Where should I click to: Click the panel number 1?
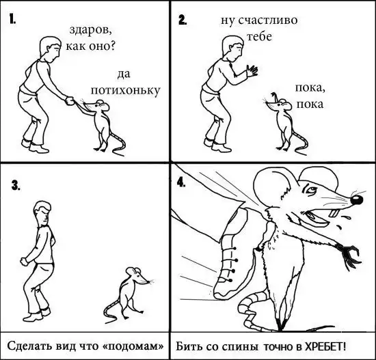12,18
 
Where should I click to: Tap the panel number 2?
183,20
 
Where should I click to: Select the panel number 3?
16,185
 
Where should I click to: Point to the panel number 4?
181,182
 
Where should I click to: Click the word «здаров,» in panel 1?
91,30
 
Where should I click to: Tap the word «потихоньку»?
125,91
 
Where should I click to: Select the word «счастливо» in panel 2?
268,20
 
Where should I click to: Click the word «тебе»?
259,37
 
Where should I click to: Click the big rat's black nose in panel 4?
357,200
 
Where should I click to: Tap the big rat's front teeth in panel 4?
334,213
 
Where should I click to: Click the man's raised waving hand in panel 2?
252,70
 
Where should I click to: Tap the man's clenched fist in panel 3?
24,261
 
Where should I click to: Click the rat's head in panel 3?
137,275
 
